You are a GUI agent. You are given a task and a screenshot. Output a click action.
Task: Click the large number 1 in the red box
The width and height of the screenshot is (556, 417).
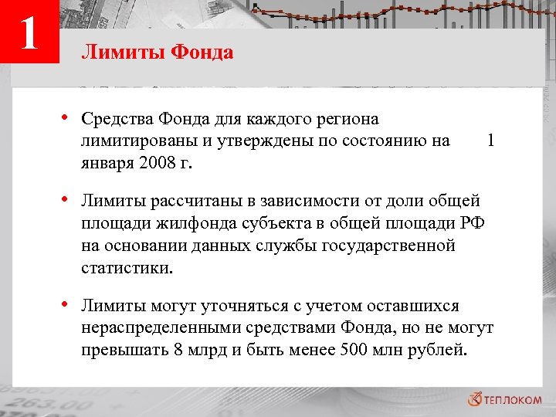[x=29, y=33]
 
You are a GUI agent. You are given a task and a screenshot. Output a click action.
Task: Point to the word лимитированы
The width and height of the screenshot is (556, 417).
[x=136, y=141]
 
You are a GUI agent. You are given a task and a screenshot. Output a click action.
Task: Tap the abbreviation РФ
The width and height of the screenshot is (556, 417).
[x=480, y=224]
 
